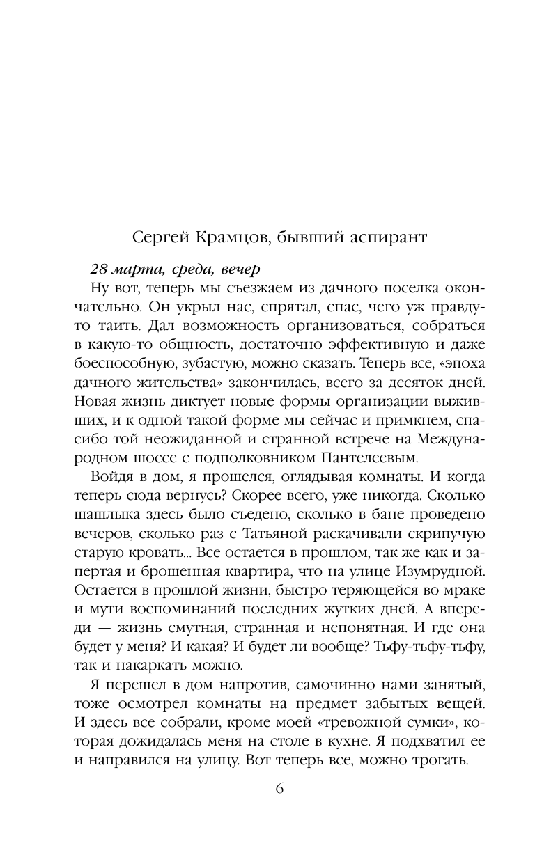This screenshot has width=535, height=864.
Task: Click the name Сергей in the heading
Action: (159, 237)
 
